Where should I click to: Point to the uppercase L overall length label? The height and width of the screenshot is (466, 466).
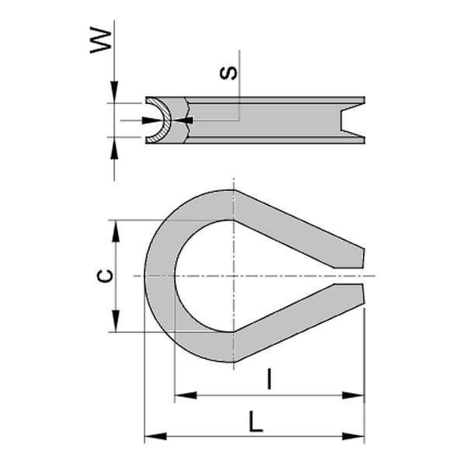pyautogui.click(x=255, y=423)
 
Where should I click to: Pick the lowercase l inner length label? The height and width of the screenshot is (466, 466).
pyautogui.click(x=268, y=380)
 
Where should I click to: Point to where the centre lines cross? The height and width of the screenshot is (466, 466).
pyautogui.click(x=233, y=276)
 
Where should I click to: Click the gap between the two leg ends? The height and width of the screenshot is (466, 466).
pyautogui.click(x=353, y=276)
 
